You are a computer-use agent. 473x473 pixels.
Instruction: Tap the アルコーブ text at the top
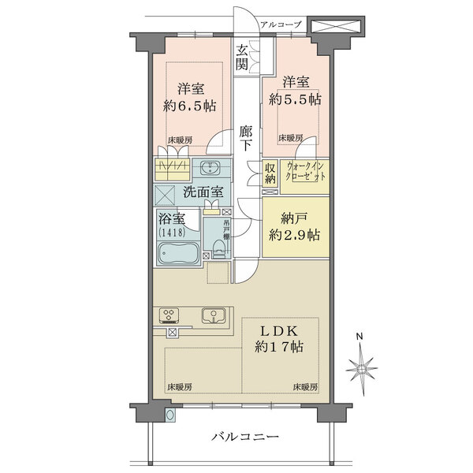[282, 24]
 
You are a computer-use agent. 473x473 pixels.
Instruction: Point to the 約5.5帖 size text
[293, 100]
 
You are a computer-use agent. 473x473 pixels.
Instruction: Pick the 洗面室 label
[203, 192]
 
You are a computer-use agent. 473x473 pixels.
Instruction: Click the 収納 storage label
[270, 173]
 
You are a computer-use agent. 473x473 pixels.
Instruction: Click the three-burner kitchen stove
[169, 316]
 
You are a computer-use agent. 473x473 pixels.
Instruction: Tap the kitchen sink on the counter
[213, 315]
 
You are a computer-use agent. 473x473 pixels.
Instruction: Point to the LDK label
[279, 329]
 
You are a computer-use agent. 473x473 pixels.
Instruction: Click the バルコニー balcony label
[245, 437]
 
